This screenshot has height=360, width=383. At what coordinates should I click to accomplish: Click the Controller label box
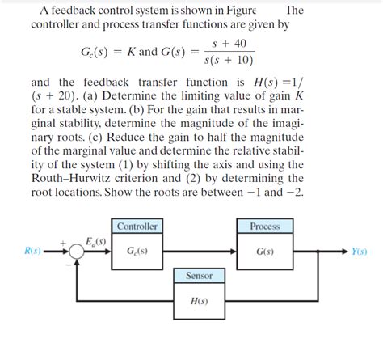tap(137, 227)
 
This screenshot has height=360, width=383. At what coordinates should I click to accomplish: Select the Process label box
tap(264, 227)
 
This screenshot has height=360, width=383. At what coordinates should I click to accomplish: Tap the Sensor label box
tap(200, 276)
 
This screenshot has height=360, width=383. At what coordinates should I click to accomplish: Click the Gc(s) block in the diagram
tap(137, 251)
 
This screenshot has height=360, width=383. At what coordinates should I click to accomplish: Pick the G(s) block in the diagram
tap(264, 251)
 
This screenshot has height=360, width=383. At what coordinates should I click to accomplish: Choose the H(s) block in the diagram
tap(200, 301)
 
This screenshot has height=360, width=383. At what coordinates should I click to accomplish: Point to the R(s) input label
tap(33, 251)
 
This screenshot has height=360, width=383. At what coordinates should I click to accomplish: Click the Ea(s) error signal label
tap(97, 241)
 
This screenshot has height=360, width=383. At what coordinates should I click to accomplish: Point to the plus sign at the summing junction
tap(64, 242)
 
